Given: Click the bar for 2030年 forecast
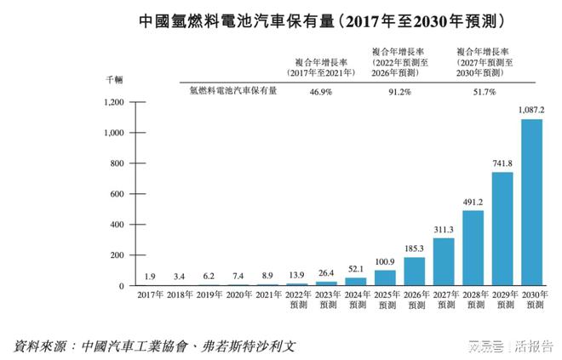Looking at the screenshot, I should (x=532, y=202).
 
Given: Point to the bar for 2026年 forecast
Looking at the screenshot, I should (x=415, y=271).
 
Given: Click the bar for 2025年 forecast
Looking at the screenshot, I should (x=385, y=277).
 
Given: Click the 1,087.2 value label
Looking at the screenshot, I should (x=532, y=111).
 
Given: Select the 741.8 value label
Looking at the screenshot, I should (x=502, y=163).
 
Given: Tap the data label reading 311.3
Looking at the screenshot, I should (x=444, y=230).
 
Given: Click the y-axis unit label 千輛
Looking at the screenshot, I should (x=114, y=79).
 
